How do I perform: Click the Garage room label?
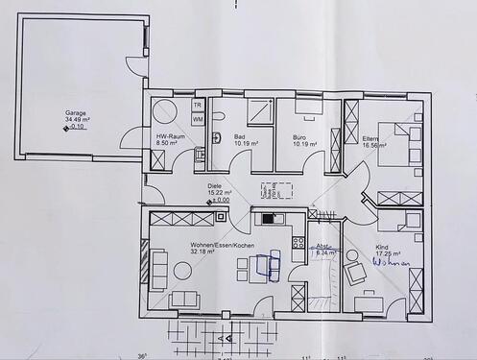pyautogui.click(x=77, y=111)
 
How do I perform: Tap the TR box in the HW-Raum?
pyautogui.click(x=198, y=105)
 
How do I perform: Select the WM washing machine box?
pyautogui.click(x=198, y=119)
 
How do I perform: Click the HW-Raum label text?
pyautogui.click(x=170, y=136)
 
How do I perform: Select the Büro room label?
pyautogui.click(x=299, y=136)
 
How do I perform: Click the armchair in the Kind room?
pyautogui.click(x=355, y=275)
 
